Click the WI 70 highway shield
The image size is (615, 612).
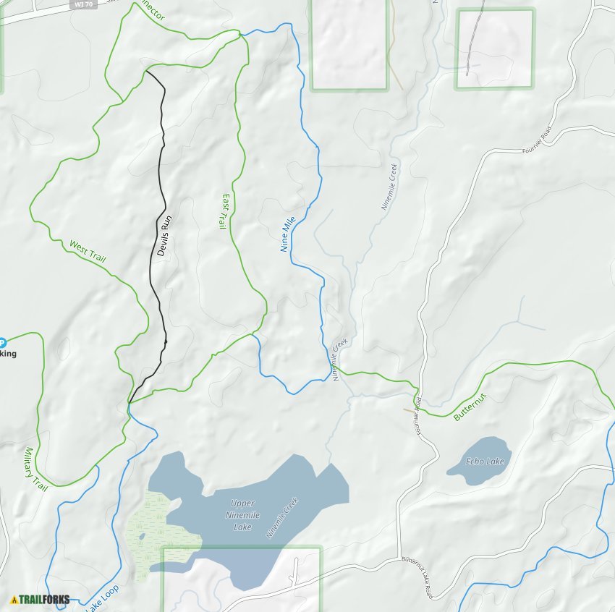coord(84,4)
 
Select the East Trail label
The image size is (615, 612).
coord(224,211)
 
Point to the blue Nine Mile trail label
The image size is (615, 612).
coord(288,232)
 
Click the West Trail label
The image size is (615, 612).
coord(88,251)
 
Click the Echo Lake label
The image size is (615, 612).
coord(484,462)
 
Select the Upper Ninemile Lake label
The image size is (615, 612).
coord(242,514)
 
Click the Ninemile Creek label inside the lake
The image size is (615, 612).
coord(282,517)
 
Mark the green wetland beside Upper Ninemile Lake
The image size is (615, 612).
coord(156,532)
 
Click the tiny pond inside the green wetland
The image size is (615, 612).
coord(142,536)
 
